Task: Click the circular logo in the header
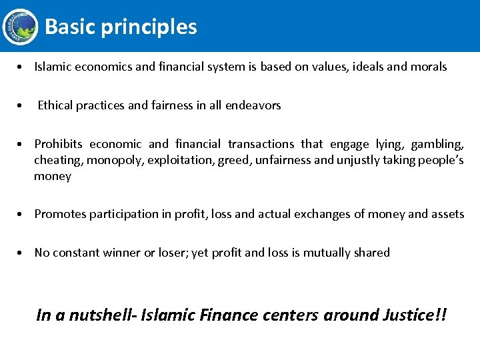point(20,27)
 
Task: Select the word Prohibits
point(58,144)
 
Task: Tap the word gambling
point(437,144)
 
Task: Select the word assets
point(448,214)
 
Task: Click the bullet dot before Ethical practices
point(22,105)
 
